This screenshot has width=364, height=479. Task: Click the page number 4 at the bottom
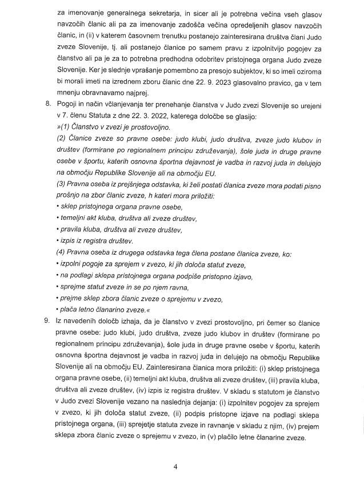coord(177,466)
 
